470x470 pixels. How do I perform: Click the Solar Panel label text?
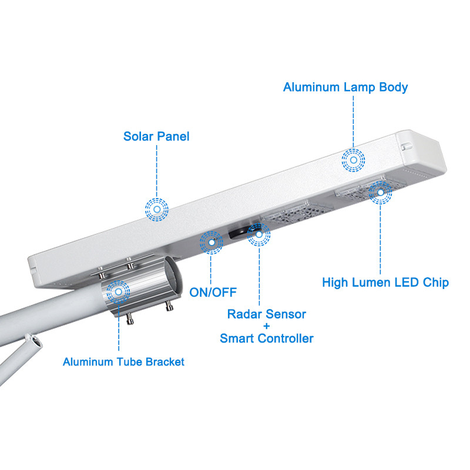[x=156, y=137]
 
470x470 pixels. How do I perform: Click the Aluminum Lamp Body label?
[x=345, y=88]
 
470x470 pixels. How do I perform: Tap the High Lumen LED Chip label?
[x=385, y=283]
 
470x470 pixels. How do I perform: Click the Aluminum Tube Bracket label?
[x=123, y=362]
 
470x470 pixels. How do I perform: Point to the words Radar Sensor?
[x=267, y=314]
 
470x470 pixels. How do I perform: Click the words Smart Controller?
[x=267, y=338]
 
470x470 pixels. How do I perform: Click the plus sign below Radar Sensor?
[x=267, y=327]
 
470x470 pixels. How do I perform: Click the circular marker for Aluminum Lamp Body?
[x=353, y=159]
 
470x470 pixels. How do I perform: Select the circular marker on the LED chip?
[x=380, y=192]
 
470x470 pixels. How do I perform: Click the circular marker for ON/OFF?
[x=211, y=242]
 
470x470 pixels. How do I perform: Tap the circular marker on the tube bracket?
[x=119, y=291]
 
